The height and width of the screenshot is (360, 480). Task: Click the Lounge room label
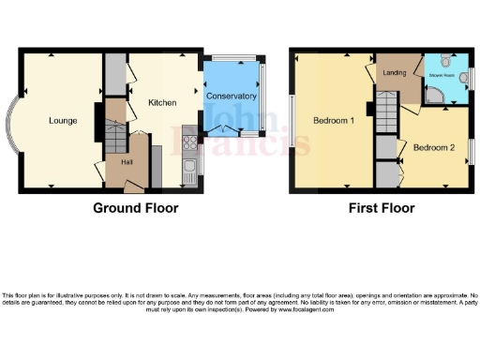(x=63, y=121)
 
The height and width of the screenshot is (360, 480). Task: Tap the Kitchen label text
(x=163, y=103)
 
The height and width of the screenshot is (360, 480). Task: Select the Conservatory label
(x=231, y=97)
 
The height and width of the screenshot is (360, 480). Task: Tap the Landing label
(x=394, y=74)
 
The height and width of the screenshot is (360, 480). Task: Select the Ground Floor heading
(x=135, y=207)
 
